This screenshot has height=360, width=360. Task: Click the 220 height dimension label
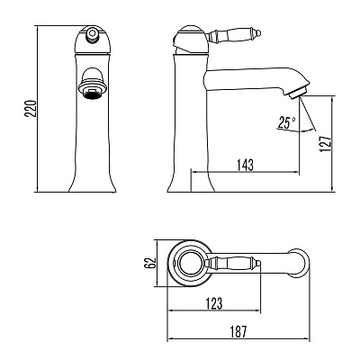pyautogui.click(x=31, y=109)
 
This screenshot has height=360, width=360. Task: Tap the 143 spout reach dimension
pyautogui.click(x=245, y=165)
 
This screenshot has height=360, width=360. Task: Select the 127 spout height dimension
pyautogui.click(x=326, y=144)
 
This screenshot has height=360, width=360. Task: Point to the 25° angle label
pyautogui.click(x=286, y=122)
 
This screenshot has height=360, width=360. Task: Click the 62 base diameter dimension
pyautogui.click(x=150, y=263)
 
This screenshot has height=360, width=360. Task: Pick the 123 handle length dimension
pyautogui.click(x=214, y=303)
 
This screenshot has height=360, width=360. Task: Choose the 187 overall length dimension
pyautogui.click(x=238, y=331)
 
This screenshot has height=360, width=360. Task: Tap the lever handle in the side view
pyautogui.click(x=234, y=36)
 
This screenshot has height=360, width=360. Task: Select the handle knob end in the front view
pyautogui.click(x=92, y=33)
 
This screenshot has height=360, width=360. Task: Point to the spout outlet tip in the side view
pyautogui.click(x=298, y=92)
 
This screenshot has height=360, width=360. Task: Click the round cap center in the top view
pyautogui.click(x=191, y=263)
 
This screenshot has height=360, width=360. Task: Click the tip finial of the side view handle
pyautogui.click(x=257, y=33)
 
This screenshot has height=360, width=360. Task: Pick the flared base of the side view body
pyautogui.click(x=191, y=182)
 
